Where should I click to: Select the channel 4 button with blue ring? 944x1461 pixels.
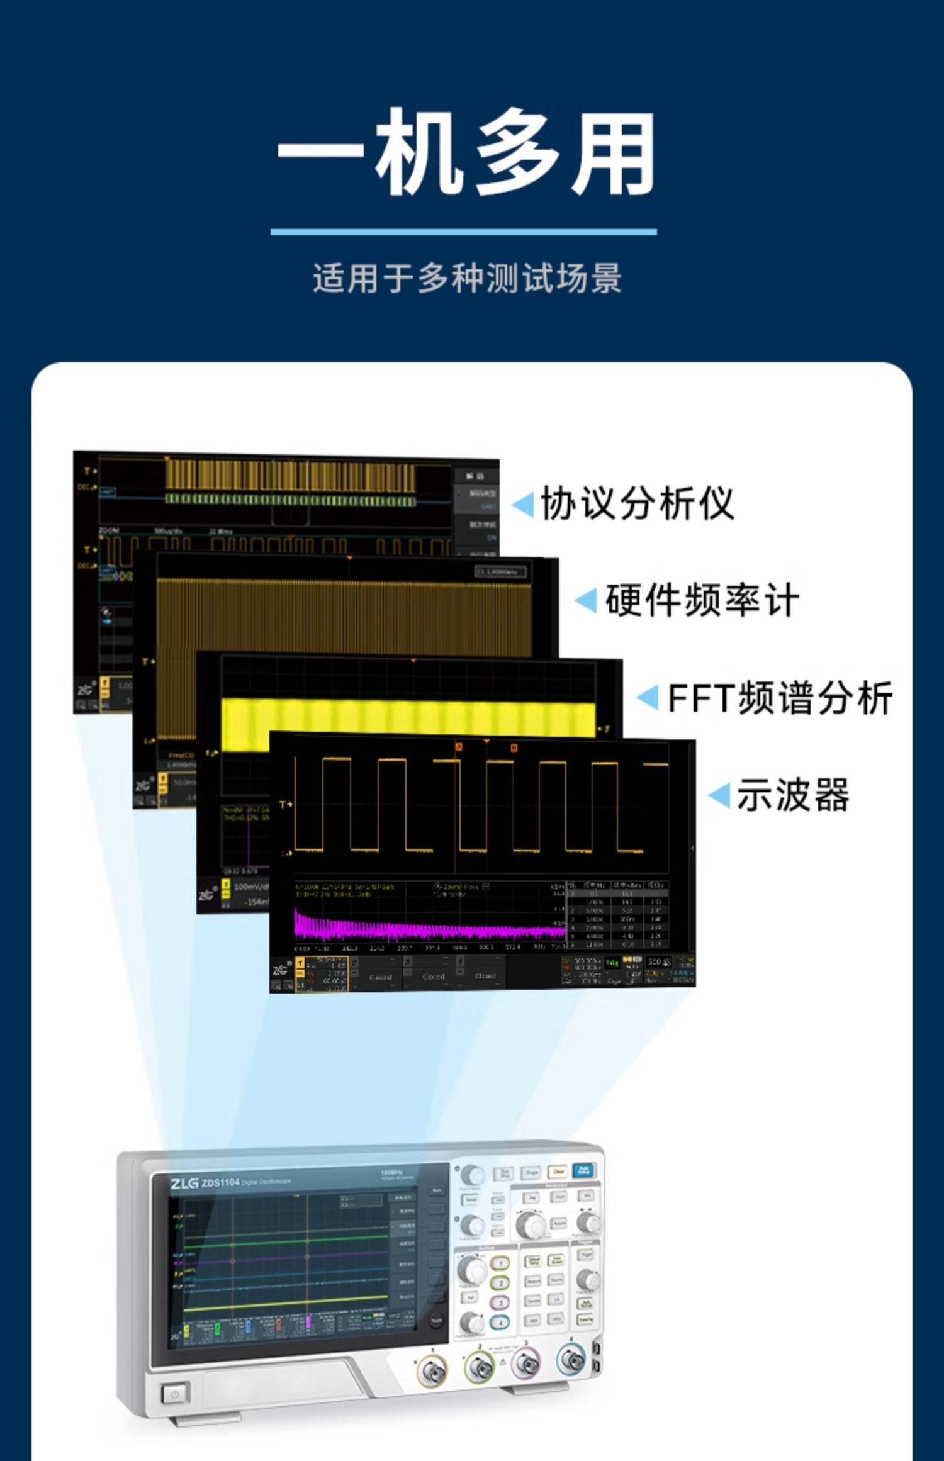pyautogui.click(x=500, y=1322)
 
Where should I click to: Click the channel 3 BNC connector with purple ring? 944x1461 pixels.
pyautogui.click(x=525, y=1363)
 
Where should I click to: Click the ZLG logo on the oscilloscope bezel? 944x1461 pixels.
pyautogui.click(x=184, y=1183)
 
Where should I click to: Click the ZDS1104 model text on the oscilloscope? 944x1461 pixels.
pyautogui.click(x=220, y=1183)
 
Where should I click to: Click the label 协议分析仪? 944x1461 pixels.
pyautogui.click(x=638, y=503)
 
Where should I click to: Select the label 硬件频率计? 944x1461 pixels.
pyautogui.click(x=702, y=600)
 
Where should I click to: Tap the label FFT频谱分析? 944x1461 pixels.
pyautogui.click(x=779, y=697)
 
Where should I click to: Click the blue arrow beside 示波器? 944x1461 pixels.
pyautogui.click(x=719, y=796)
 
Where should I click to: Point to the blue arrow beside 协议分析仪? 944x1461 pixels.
pyautogui.click(x=523, y=504)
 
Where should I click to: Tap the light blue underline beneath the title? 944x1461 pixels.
pyautogui.click(x=463, y=232)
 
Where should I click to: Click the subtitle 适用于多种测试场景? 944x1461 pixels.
pyautogui.click(x=467, y=278)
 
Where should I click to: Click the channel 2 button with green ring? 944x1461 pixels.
pyautogui.click(x=500, y=1283)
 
